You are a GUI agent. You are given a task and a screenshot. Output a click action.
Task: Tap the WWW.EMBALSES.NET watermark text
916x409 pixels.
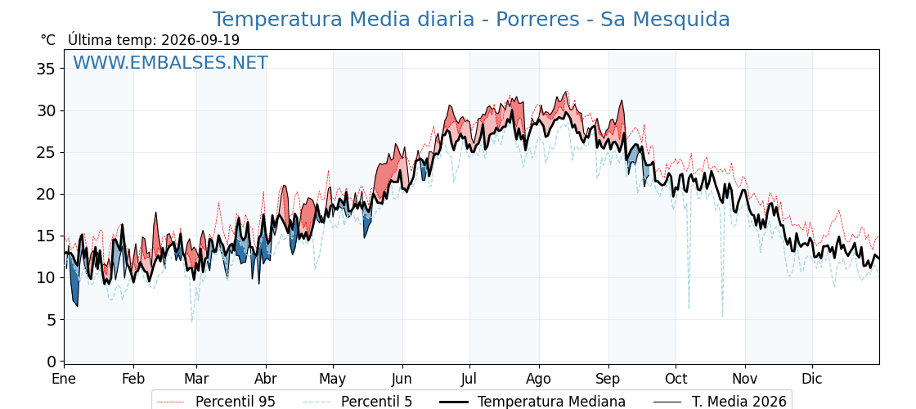[x=171, y=62]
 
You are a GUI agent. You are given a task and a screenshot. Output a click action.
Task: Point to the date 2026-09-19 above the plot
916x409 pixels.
[x=200, y=40]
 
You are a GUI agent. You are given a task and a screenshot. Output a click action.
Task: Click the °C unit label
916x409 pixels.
[x=48, y=40]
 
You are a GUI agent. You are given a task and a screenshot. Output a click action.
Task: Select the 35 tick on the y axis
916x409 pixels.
[x=46, y=69]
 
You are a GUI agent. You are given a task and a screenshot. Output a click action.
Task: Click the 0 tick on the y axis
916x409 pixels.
[x=50, y=361]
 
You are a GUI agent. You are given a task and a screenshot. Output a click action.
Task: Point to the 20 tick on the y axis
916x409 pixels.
[x=46, y=194]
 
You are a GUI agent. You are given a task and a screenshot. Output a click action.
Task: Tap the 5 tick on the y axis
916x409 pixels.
[x=50, y=320]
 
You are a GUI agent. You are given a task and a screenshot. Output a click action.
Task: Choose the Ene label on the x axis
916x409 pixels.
[x=64, y=379]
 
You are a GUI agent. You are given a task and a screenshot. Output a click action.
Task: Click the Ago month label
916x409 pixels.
[x=539, y=379]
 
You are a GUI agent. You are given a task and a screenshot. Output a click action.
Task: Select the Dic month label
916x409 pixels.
[x=812, y=379]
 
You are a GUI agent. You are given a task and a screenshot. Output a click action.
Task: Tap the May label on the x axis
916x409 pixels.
[x=333, y=379]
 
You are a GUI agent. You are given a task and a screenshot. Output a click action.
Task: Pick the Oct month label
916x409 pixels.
[x=676, y=379]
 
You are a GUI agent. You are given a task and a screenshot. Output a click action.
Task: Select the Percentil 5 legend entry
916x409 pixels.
[x=358, y=402]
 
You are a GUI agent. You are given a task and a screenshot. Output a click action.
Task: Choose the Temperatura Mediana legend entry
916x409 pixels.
[x=532, y=402]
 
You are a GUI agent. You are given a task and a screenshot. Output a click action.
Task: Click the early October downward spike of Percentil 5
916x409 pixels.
[x=689, y=308]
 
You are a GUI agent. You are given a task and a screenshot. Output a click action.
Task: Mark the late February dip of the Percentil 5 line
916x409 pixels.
[x=191, y=321]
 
